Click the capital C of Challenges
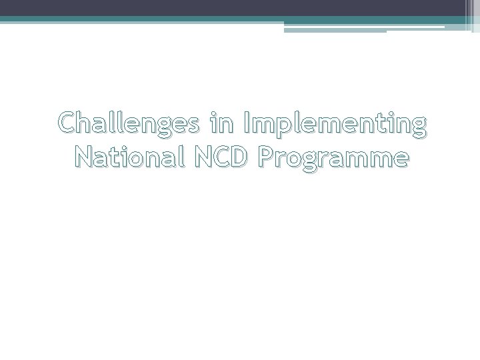67,124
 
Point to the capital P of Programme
267,158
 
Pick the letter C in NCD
217,158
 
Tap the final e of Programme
397,160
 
